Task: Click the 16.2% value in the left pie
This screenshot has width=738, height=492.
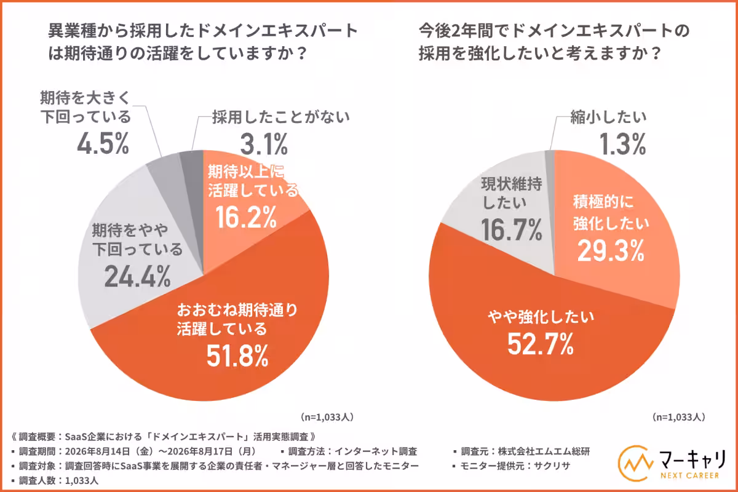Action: point(246,218)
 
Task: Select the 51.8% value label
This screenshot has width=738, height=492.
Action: point(237,356)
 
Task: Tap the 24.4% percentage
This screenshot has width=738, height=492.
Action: point(138,276)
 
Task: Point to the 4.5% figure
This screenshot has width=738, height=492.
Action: point(103,144)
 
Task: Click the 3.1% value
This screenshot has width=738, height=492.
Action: point(264,144)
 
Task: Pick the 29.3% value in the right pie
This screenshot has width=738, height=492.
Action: point(611,251)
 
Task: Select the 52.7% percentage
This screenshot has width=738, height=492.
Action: point(541,344)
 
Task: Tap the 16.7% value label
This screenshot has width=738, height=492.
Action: point(511,229)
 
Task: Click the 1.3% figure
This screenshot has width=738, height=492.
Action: point(622,144)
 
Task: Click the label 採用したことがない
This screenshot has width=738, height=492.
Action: point(280,117)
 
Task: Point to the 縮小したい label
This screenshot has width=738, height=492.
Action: point(608,117)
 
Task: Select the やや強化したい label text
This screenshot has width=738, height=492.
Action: point(541,317)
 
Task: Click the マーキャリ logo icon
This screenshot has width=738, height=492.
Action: point(635,463)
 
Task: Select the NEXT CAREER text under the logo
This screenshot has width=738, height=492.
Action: point(689,475)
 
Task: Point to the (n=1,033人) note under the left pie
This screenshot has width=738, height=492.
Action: point(327,417)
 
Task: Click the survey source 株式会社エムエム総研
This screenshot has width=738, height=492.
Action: point(544,451)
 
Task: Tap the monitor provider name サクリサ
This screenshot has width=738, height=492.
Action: point(552,466)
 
